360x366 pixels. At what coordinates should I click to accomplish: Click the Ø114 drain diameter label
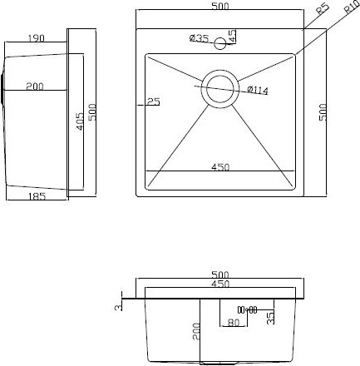pos(258,90)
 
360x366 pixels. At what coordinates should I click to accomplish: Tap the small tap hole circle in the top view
pos(221,43)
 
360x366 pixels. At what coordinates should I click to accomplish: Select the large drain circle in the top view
pos(220,86)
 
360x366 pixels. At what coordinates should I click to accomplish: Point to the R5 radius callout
pos(323,10)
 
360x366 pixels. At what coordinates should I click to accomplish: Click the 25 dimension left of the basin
pos(153,101)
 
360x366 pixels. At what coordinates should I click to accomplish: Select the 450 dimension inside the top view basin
pos(220,167)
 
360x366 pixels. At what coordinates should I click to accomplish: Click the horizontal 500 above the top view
pos(220,7)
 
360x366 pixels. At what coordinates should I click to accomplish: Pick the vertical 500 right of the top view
pos(323,111)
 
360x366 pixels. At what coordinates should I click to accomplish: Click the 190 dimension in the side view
pos(36,38)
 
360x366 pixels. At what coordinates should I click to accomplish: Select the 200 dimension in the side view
pos(35,86)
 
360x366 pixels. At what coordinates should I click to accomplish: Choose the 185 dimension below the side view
pos(36,197)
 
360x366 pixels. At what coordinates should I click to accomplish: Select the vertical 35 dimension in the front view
pos(271,317)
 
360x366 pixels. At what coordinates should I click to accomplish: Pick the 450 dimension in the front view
pos(219,284)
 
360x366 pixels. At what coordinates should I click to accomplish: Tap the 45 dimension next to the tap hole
pos(234,37)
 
